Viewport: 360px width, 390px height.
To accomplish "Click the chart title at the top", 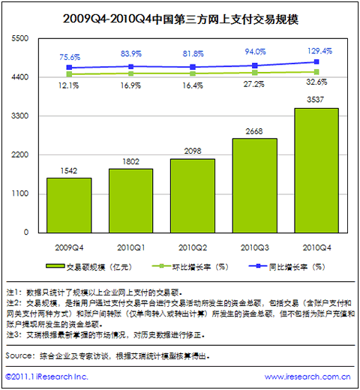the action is click(x=181, y=19).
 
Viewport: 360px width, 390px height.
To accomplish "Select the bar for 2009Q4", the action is click(x=69, y=205).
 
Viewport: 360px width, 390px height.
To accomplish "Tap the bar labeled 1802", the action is click(x=130, y=201).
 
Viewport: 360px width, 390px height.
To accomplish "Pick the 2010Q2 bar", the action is click(x=193, y=196).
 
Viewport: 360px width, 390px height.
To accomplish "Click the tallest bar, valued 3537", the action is click(x=316, y=170).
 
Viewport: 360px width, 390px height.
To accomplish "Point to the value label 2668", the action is click(x=254, y=131).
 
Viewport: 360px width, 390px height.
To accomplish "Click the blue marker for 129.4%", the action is click(x=316, y=61).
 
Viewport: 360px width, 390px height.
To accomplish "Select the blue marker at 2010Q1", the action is click(x=130, y=67).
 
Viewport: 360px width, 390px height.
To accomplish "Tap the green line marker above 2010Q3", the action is click(x=254, y=73).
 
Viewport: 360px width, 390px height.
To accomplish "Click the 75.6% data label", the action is click(x=70, y=57).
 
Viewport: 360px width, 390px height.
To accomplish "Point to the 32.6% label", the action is click(x=316, y=82).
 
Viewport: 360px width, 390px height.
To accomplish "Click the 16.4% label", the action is click(x=193, y=85).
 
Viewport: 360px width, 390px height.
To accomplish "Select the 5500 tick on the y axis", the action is click(x=20, y=38).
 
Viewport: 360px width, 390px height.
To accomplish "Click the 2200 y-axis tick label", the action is click(x=20, y=154).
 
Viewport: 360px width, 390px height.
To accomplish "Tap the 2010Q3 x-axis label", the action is click(x=254, y=247).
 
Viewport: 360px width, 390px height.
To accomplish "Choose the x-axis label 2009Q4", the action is click(x=69, y=247).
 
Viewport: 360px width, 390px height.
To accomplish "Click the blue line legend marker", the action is click(x=258, y=266).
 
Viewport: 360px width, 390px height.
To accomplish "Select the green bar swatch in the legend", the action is click(x=55, y=266).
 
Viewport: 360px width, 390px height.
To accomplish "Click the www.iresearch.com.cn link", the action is click(x=307, y=376).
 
